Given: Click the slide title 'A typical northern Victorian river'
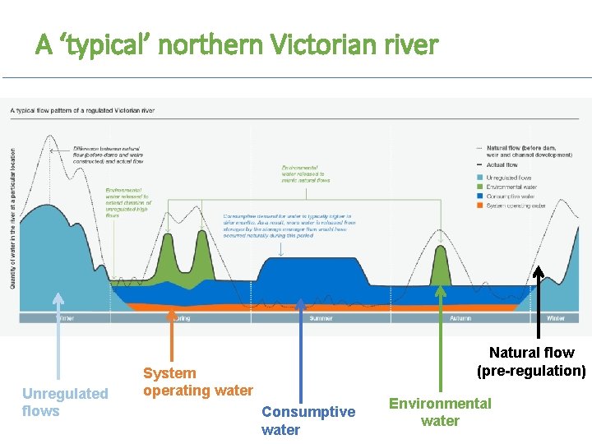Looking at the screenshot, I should pos(237,44).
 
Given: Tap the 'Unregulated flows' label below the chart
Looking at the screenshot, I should pos(65,402).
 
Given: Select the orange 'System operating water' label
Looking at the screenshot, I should pos(197,382).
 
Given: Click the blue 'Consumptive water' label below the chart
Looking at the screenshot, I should pos(308,420).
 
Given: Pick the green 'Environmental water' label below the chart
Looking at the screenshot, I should pos(440,412).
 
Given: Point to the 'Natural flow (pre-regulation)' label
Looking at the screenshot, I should pos(531,362).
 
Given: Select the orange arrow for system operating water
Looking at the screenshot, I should pos(172,337).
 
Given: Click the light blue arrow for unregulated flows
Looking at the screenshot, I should pos(57,337).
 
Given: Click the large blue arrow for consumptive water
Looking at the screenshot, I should pos(301,345).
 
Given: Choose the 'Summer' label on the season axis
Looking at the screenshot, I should pos(321,318).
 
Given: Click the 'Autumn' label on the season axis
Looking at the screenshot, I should pos(460,318).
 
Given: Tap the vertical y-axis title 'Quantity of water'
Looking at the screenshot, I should pos(12,214).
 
